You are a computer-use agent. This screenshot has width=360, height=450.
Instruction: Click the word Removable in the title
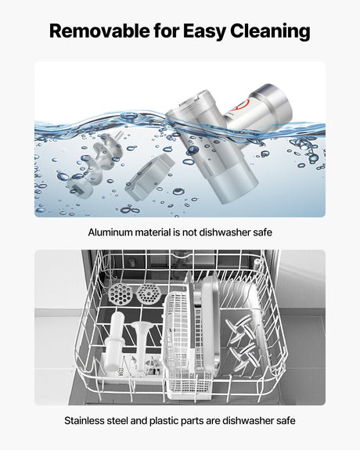click(99, 31)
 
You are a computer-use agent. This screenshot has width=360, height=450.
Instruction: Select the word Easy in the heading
click(204, 32)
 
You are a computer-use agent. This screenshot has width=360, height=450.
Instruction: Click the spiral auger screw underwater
click(95, 165)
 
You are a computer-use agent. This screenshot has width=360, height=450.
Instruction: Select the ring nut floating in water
click(150, 178)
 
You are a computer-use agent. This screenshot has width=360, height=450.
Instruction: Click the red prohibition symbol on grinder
click(243, 106)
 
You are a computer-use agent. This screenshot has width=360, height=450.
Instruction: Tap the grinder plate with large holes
click(121, 293)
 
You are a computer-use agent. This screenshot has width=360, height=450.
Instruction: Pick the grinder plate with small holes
click(149, 293)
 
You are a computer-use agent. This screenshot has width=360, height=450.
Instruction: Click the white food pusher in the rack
click(114, 340)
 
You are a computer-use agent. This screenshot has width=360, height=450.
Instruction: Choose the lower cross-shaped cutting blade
click(245, 356)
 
